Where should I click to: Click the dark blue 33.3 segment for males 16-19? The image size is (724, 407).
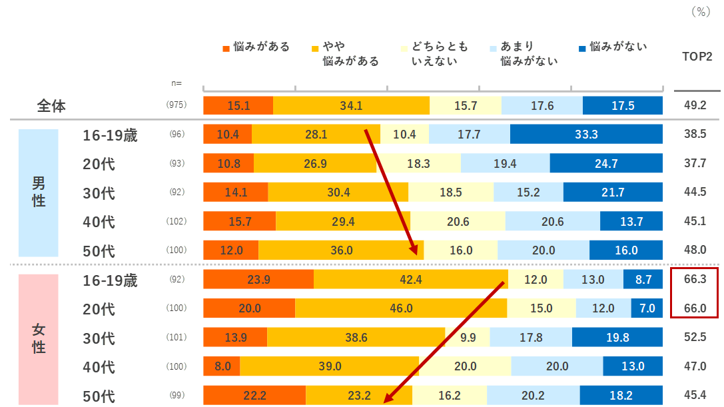[x=586, y=135]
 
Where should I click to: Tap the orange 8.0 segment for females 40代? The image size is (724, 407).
[x=222, y=366]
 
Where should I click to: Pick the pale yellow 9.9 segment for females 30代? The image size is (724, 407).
[x=468, y=338]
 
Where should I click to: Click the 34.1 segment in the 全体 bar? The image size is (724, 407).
[x=351, y=106]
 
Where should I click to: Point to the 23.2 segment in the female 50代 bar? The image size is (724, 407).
[x=358, y=396]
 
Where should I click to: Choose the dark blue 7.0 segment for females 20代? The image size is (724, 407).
[x=647, y=308]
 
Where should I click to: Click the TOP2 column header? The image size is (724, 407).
[x=697, y=57]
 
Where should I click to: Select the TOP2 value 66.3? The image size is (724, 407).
[x=695, y=280]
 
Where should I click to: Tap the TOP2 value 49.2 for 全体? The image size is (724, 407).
[x=695, y=106]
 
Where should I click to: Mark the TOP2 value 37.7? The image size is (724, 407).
[x=695, y=163]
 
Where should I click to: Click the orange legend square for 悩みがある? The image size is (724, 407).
[x=226, y=48]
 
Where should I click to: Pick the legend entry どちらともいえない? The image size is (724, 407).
[x=439, y=54]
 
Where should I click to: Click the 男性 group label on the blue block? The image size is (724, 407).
[x=39, y=192]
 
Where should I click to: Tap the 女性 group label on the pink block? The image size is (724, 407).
[x=39, y=338]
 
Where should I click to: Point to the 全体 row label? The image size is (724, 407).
[x=51, y=106]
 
